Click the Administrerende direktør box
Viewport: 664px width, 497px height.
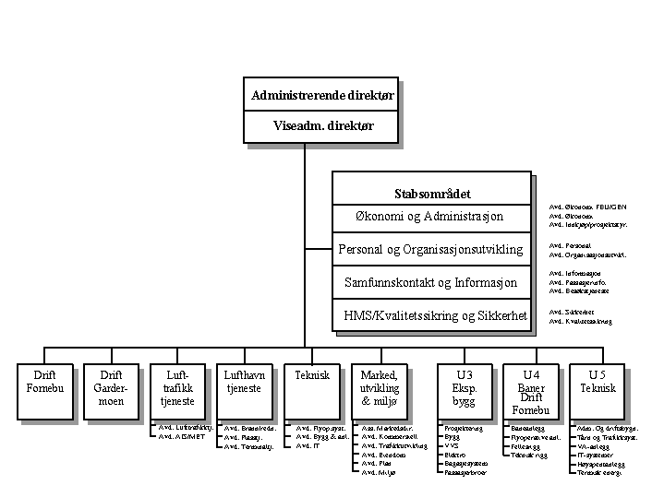[322, 95]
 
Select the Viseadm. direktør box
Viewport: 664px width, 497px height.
[322, 126]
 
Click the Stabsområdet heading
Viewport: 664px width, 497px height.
[432, 194]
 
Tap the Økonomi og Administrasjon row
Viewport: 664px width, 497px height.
[429, 217]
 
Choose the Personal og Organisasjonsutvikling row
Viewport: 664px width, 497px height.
[430, 249]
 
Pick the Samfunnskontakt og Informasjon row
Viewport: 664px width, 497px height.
[430, 282]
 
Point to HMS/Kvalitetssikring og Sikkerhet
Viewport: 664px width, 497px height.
[435, 315]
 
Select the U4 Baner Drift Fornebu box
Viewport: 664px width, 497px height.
[531, 391]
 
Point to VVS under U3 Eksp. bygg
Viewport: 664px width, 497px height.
[452, 445]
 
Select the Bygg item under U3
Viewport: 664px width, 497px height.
[453, 437]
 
